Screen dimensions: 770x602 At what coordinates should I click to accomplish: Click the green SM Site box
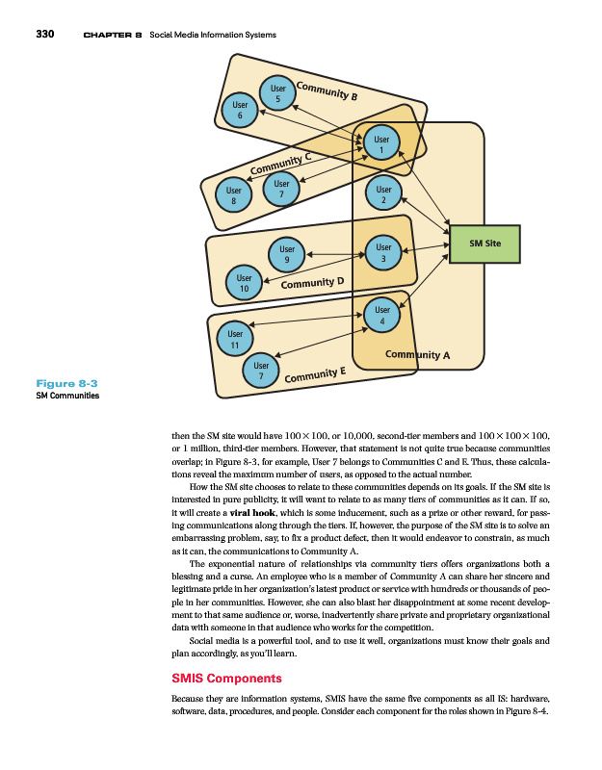pos(484,244)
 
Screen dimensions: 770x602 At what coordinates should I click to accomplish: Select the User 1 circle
pos(381,145)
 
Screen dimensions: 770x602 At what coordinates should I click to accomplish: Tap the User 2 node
pos(383,195)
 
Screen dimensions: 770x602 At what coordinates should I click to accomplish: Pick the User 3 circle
pos(383,253)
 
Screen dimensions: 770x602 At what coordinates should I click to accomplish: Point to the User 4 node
pos(382,316)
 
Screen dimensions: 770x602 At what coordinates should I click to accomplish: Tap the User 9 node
pos(286,254)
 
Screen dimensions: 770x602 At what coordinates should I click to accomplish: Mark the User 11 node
pos(234,339)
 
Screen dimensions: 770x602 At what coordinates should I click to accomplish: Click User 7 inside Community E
pos(260,372)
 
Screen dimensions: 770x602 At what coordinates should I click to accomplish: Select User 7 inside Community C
pos(281,190)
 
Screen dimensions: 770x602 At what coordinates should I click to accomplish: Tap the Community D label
pos(312,282)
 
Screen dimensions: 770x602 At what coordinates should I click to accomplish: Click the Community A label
pos(417,355)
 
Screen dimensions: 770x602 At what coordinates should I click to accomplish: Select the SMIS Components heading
pos(225,679)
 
